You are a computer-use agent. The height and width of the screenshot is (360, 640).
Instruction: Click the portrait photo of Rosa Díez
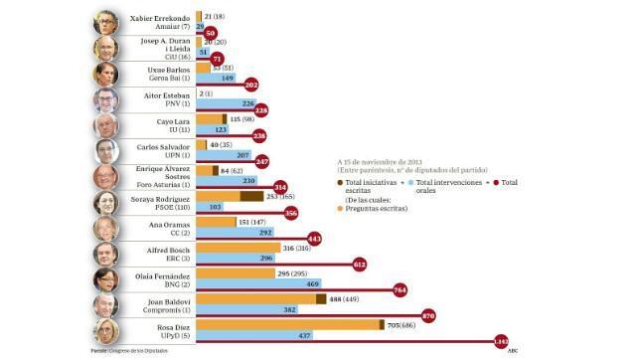[106, 331]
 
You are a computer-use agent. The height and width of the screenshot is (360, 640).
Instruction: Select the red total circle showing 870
[429, 315]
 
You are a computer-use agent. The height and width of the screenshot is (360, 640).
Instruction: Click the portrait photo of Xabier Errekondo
[106, 23]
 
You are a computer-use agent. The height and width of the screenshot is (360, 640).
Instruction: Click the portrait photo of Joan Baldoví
[106, 304]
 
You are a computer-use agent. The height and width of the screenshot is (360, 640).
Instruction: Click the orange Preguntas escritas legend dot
[342, 207]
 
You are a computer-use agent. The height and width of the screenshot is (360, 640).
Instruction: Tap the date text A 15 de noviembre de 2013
[381, 159]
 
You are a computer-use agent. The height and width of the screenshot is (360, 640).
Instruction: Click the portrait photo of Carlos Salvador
[106, 151]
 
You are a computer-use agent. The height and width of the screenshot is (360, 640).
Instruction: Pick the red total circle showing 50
[210, 33]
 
